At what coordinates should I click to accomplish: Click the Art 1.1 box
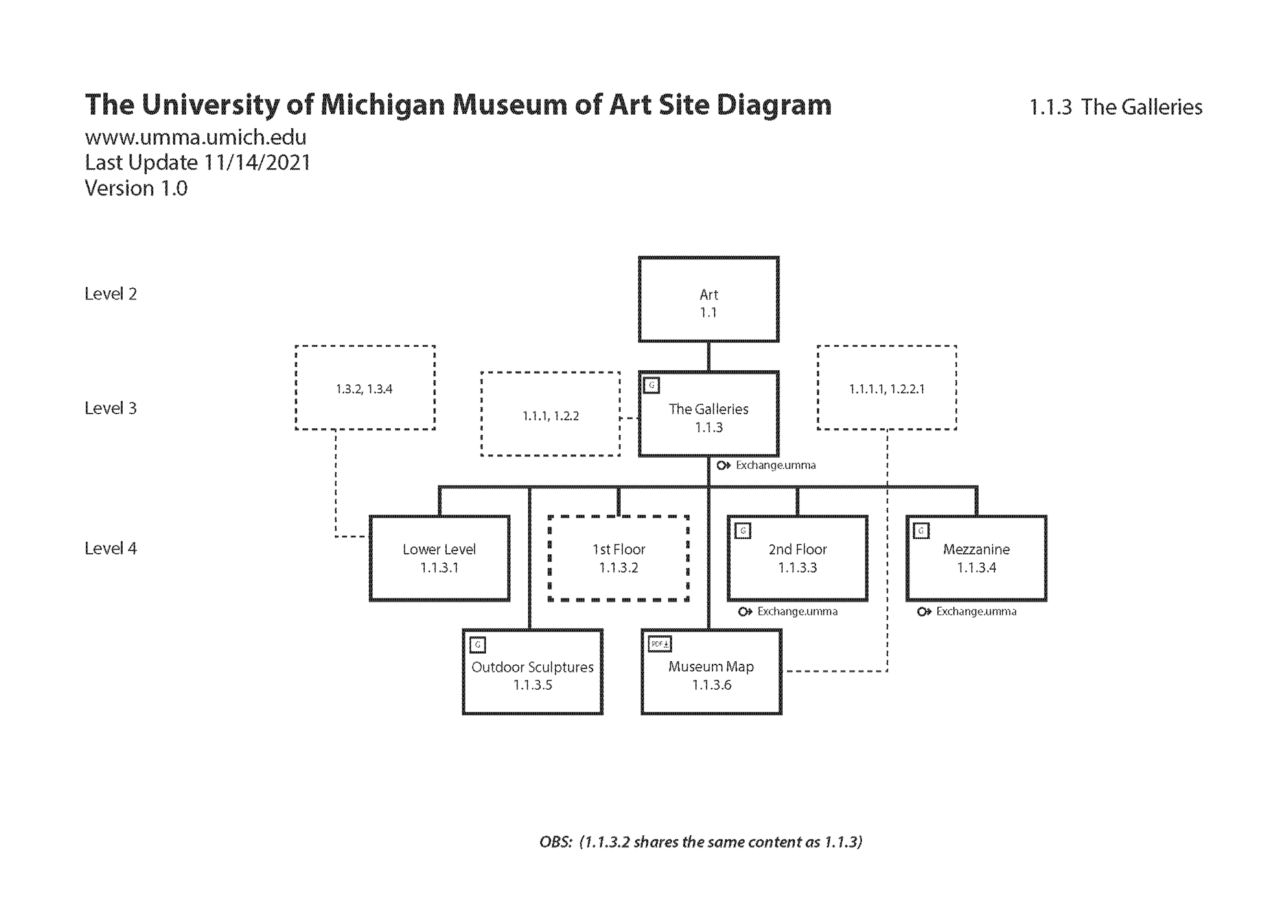[x=708, y=300]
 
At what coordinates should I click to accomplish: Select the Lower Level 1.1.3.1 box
[x=439, y=558]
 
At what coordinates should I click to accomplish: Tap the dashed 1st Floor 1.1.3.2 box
[x=619, y=558]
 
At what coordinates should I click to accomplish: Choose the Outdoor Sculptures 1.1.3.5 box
[x=532, y=672]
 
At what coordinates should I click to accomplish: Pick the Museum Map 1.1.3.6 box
[x=711, y=672]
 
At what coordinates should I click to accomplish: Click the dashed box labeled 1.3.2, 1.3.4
[x=365, y=388]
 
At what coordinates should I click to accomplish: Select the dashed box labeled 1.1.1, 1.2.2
[x=550, y=414]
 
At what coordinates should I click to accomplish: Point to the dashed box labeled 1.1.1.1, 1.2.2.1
[x=887, y=388]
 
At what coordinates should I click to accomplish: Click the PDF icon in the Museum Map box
[x=659, y=644]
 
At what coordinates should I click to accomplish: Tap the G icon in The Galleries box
[x=652, y=385]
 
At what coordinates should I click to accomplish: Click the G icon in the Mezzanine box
[x=921, y=531]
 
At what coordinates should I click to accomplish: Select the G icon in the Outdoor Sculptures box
[x=477, y=645]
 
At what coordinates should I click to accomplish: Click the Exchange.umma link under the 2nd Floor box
[x=789, y=611]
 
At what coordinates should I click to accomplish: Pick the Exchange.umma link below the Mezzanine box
[x=967, y=611]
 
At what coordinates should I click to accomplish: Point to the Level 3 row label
[x=111, y=408]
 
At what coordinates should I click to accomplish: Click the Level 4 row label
[x=111, y=548]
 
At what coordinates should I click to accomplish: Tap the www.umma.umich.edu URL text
[x=195, y=137]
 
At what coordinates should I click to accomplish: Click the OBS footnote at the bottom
[x=701, y=842]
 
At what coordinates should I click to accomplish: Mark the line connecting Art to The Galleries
[x=708, y=357]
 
